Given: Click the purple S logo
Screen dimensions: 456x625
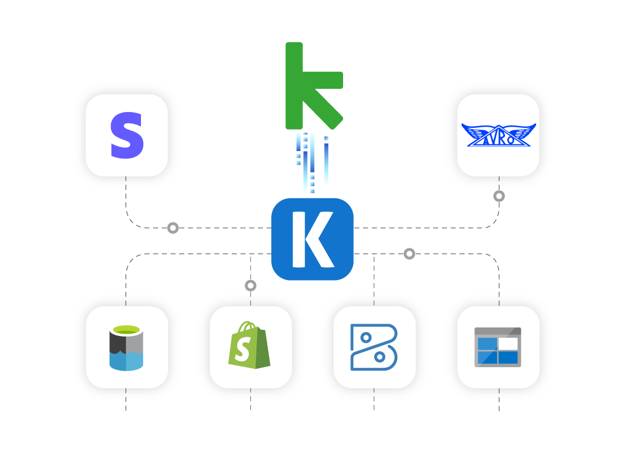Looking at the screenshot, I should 127,136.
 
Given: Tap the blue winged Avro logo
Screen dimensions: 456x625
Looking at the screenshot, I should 498,135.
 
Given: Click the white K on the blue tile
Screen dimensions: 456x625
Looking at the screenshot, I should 312,239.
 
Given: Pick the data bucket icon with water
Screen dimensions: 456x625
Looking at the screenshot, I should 126,348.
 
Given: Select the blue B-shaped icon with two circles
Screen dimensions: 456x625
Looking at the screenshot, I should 374,347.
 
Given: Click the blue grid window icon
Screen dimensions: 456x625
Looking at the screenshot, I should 498,347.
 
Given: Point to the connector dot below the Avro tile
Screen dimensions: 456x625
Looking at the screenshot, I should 499,196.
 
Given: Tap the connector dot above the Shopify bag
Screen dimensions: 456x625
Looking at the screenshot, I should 250,286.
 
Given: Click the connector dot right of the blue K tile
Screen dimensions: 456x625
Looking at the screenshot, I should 409,254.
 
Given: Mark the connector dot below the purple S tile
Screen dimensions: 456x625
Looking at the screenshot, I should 173,228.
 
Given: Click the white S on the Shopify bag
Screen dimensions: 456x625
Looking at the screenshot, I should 242,351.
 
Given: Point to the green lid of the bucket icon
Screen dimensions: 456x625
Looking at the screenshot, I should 126,330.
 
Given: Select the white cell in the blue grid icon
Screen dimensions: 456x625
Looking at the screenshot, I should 508,343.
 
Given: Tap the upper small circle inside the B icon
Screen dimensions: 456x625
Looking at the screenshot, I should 366,338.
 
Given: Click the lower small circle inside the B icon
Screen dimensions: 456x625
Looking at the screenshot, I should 380,357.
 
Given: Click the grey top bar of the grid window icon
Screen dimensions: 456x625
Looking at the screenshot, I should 498,331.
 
